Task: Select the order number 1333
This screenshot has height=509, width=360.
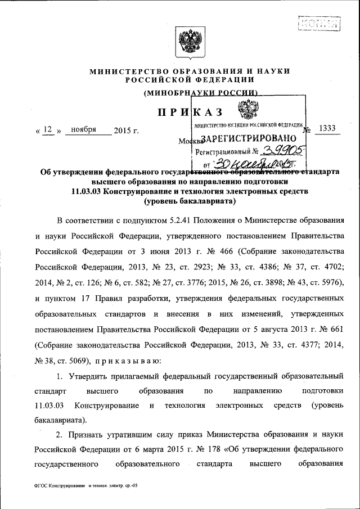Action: [326, 129]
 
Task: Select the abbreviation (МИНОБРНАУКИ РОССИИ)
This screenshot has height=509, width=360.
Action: [201, 92]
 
